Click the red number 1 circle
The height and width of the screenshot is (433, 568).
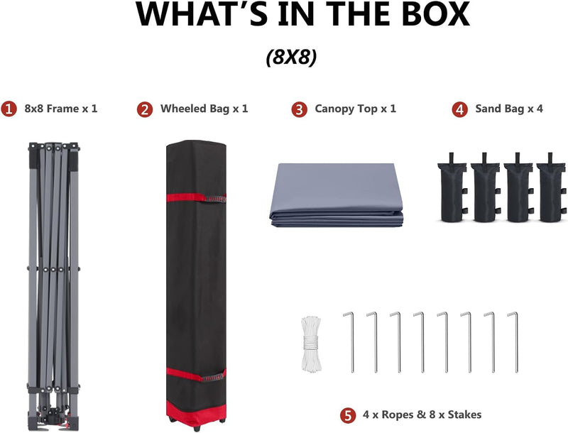click(9, 109)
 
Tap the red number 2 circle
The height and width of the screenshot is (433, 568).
click(145, 109)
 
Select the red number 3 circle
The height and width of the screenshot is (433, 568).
click(299, 109)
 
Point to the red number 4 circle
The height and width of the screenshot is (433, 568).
click(459, 109)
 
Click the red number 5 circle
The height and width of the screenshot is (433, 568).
click(348, 415)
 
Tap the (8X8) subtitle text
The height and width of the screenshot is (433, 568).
click(292, 57)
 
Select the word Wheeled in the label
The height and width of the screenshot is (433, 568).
click(184, 109)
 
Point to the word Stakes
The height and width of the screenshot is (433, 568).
click(464, 415)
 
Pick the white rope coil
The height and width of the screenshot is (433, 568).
click(311, 344)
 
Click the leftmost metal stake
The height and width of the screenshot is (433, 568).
click(349, 342)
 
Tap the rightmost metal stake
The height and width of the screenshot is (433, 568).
click(513, 342)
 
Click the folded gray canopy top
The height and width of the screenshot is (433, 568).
click(336, 194)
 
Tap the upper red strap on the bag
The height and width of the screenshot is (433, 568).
click(196, 198)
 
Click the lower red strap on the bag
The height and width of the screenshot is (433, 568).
click(196, 375)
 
